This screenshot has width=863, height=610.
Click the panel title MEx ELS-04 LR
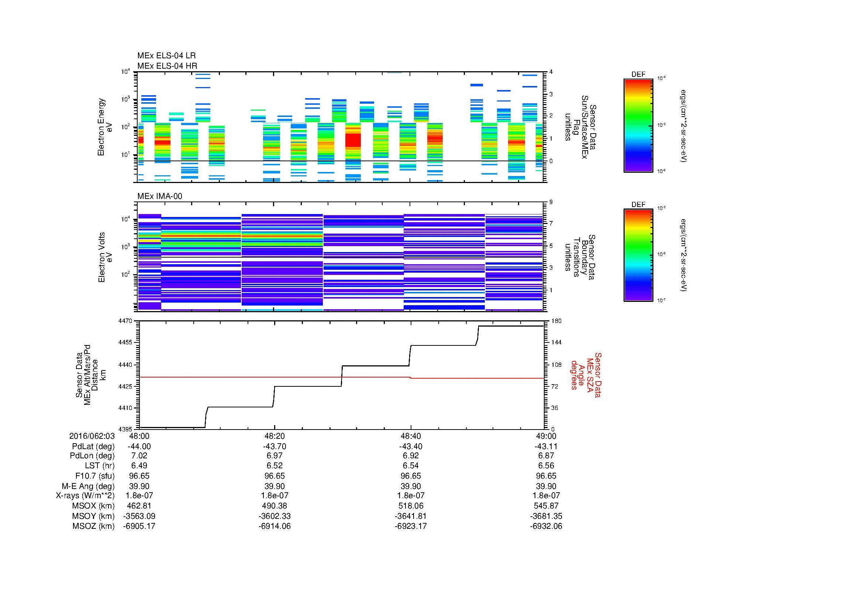pos(166,56)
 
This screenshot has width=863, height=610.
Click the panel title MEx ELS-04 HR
pos(167,66)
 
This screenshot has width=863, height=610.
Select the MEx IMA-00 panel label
pos(159,196)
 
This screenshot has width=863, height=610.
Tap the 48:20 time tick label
pos(275,436)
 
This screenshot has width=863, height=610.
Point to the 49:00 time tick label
pos(546,436)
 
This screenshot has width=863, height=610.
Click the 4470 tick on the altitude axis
pos(125,321)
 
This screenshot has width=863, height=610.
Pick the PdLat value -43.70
pos(275,447)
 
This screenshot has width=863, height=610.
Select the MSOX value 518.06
pos(410,506)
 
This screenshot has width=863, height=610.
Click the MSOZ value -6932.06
pos(546,526)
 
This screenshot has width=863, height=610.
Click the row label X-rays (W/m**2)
pos(85,496)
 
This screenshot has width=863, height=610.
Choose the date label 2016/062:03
pos(92,436)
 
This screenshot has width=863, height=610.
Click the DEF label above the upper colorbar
pos(638,75)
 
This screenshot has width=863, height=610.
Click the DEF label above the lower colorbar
pos(638,204)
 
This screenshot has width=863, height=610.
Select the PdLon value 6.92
pos(410,456)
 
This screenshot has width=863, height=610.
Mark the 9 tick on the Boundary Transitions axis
pos(551,202)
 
